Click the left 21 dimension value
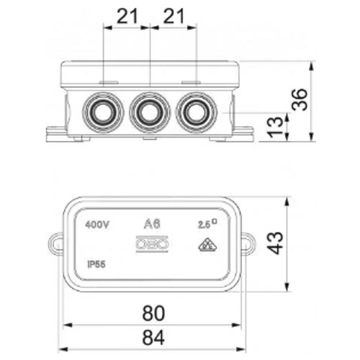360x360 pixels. click(127, 16)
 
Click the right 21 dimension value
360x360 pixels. click(174, 16)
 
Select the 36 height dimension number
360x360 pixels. click(300, 99)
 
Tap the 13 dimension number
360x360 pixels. click(276, 127)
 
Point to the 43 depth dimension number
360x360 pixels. click(276, 243)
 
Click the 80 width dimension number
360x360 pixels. click(153, 313)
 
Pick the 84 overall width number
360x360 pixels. click(153, 337)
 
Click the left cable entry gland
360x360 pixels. click(103, 112)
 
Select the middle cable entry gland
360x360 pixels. click(150, 112)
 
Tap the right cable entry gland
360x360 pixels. click(197, 112)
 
